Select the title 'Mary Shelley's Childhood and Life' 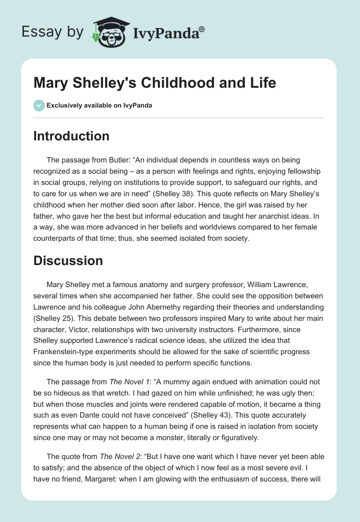155,83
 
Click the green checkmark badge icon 39,105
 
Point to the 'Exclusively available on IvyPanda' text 99,106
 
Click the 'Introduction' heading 71,136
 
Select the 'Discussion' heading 68,260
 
